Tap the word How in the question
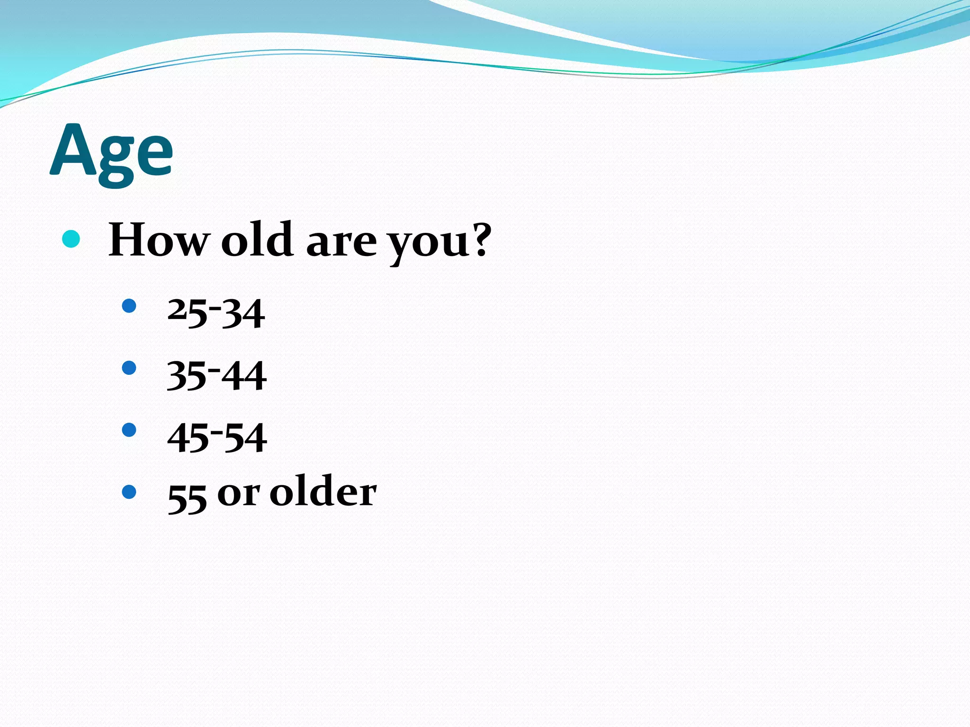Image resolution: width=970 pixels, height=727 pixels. pyautogui.click(x=159, y=240)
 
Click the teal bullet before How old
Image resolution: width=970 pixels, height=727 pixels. pyautogui.click(x=71, y=239)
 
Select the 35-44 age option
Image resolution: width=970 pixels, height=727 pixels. pyautogui.click(x=216, y=375)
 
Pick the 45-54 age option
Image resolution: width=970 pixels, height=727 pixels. pyautogui.click(x=217, y=437)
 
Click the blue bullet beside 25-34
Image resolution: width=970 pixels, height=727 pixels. pyautogui.click(x=129, y=306)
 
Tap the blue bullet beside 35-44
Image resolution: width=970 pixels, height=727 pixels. pyautogui.click(x=129, y=368)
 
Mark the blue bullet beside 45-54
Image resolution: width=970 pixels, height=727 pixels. pyautogui.click(x=129, y=430)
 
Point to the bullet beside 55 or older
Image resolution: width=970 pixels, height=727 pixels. pyautogui.click(x=129, y=492)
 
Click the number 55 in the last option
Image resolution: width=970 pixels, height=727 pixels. pyautogui.click(x=187, y=498)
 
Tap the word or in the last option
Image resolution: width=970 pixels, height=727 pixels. pyautogui.click(x=239, y=494)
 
